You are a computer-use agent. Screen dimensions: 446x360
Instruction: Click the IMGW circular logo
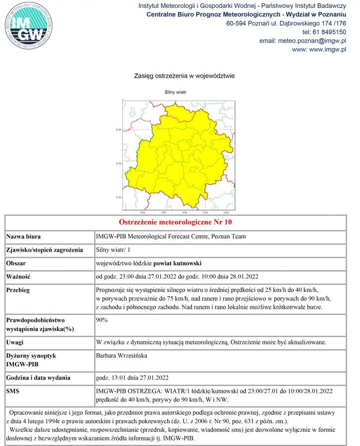[28, 25]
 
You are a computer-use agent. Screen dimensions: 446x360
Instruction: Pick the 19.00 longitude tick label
[164, 212]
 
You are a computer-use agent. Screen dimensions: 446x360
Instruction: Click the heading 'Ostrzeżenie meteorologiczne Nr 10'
[176, 222]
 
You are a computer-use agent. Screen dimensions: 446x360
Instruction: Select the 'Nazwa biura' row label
[24, 236]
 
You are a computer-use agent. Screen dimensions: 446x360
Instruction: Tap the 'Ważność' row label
[19, 277]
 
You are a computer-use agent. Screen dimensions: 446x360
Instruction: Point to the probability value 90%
[102, 320]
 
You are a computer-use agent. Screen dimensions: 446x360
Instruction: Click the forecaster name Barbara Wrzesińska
[121, 355]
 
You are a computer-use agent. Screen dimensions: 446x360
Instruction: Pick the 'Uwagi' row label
[16, 342]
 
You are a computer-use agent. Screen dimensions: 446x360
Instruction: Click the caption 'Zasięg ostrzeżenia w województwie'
[184, 76]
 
